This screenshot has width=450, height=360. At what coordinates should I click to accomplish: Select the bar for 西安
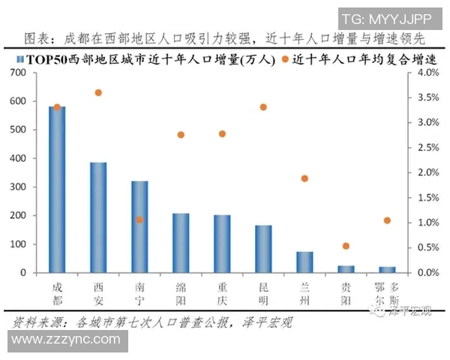click(98, 217)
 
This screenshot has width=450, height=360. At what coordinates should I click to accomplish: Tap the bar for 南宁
click(139, 226)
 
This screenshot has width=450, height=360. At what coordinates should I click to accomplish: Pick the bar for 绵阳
click(181, 243)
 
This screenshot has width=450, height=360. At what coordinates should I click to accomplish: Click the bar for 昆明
click(263, 249)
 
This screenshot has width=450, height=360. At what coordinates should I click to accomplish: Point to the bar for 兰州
click(304, 262)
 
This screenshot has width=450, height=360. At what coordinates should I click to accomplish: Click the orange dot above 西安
click(98, 92)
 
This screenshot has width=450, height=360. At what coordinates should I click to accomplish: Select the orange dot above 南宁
click(139, 220)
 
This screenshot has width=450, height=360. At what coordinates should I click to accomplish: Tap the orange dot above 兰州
click(304, 178)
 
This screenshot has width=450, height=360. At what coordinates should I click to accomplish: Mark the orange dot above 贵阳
click(346, 246)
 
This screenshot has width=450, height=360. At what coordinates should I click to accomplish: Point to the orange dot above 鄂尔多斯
click(387, 220)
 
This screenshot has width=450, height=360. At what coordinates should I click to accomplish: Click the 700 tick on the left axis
click(18, 73)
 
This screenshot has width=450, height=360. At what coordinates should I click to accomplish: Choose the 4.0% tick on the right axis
click(426, 73)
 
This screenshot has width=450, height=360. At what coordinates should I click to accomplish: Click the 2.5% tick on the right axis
click(426, 148)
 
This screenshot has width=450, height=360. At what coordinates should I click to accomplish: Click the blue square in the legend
click(17, 58)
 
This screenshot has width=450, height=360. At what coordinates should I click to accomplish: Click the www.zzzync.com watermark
click(66, 340)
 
